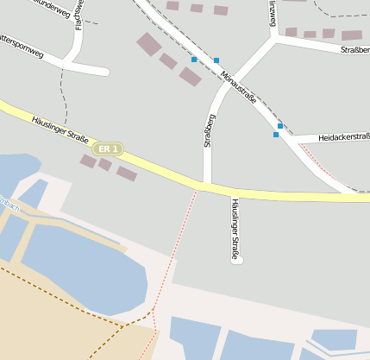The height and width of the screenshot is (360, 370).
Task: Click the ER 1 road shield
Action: click(x=108, y=149)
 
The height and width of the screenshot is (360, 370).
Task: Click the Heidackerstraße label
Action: click(x=343, y=137)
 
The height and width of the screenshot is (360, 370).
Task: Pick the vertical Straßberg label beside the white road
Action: click(x=209, y=130)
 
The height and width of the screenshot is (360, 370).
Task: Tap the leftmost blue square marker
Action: click(x=194, y=60)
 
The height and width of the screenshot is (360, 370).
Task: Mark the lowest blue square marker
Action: click(x=276, y=135)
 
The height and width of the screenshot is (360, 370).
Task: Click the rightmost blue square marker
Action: click(x=280, y=126)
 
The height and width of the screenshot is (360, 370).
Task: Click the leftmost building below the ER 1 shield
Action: click(x=87, y=161)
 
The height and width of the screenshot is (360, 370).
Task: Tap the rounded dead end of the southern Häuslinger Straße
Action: click(x=238, y=258)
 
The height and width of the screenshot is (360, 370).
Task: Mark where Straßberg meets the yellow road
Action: click(x=203, y=184)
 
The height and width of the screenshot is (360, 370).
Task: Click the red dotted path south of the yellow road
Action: click(x=179, y=251)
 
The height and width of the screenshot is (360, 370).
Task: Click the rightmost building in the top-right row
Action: click(x=351, y=35)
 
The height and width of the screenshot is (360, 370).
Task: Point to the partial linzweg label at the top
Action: click(x=273, y=12)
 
